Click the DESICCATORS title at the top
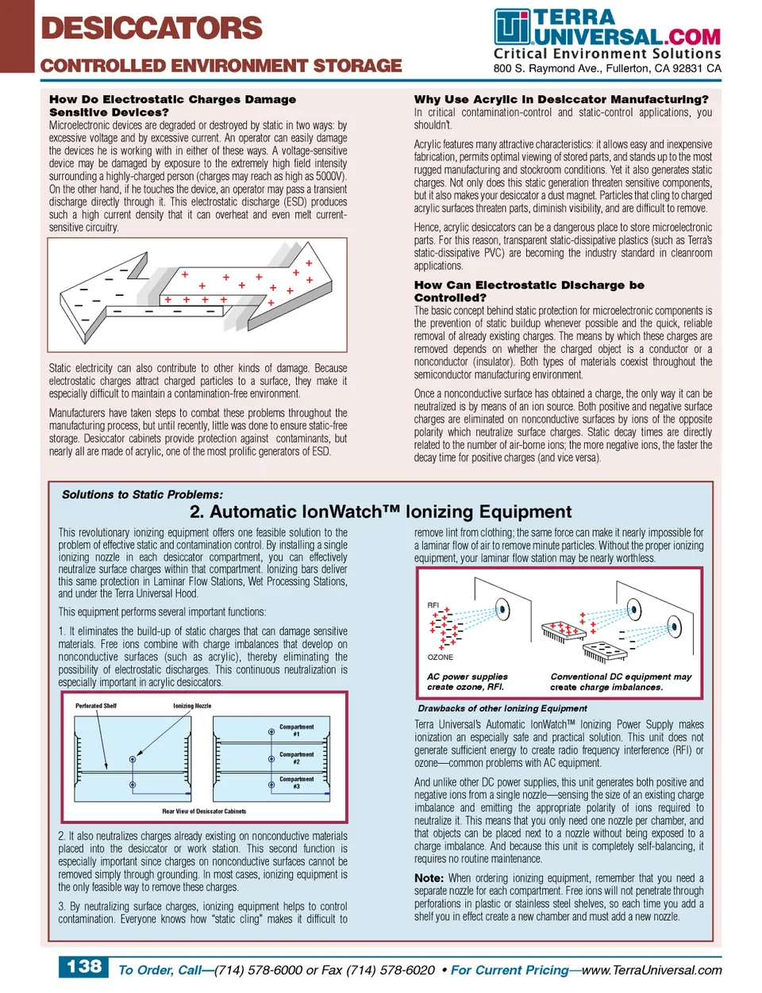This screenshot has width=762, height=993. click(151, 29)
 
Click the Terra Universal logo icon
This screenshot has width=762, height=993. click(511, 27)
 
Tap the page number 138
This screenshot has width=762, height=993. click(83, 966)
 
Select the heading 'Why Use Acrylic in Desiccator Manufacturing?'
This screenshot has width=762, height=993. click(561, 99)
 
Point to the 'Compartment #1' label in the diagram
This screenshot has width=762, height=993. click(296, 730)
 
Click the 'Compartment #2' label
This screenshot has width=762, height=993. click(296, 757)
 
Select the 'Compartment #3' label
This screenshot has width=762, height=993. click(296, 782)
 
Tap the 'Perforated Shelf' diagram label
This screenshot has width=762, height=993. click(95, 705)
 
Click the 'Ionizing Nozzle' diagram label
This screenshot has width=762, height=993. click(192, 705)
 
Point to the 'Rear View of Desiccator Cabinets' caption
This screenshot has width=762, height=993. click(204, 811)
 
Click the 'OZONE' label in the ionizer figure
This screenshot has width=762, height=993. click(441, 657)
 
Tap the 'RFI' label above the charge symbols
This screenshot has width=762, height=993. click(433, 605)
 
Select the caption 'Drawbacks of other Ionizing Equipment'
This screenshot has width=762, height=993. click(502, 708)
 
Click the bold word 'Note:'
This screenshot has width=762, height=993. click(429, 878)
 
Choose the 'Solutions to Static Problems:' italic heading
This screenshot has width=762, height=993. click(142, 494)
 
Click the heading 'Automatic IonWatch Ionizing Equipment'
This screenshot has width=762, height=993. click(381, 512)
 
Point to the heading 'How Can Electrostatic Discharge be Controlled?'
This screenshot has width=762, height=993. click(529, 291)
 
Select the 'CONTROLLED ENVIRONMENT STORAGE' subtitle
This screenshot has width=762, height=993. click(221, 66)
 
